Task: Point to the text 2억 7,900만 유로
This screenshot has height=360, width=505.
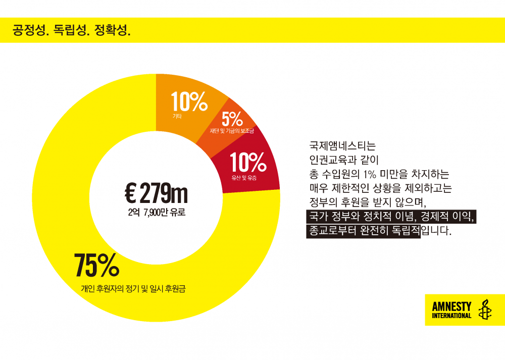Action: (157, 213)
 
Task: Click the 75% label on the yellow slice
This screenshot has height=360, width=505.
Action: (96, 265)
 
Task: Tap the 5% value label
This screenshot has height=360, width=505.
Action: (232, 119)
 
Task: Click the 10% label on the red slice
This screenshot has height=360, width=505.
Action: (248, 163)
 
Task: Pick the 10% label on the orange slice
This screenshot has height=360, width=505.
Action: (189, 102)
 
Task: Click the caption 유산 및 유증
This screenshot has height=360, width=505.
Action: (244, 178)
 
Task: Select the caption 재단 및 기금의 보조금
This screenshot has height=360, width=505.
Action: (232, 131)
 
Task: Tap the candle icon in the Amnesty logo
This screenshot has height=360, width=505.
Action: (485, 310)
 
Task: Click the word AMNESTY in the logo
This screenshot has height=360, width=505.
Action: (451, 306)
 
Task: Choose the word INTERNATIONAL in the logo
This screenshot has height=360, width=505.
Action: (451, 316)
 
